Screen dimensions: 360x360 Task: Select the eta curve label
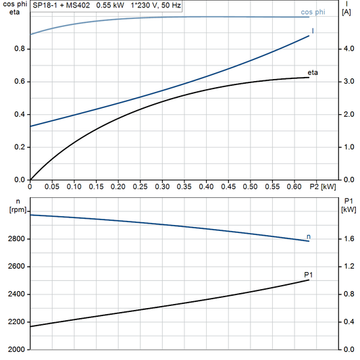pos(313,72)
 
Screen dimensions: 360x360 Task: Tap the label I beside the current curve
pos(313,31)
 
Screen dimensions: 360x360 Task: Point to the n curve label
pos(309,236)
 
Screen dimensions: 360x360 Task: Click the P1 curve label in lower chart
pos(308,274)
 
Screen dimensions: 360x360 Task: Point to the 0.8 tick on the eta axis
pos(19,49)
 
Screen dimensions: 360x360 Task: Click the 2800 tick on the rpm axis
pos(16,239)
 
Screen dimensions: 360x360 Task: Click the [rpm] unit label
pos(18,210)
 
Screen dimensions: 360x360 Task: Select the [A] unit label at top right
pos(346,13)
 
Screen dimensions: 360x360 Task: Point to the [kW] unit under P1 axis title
pos(349,210)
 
